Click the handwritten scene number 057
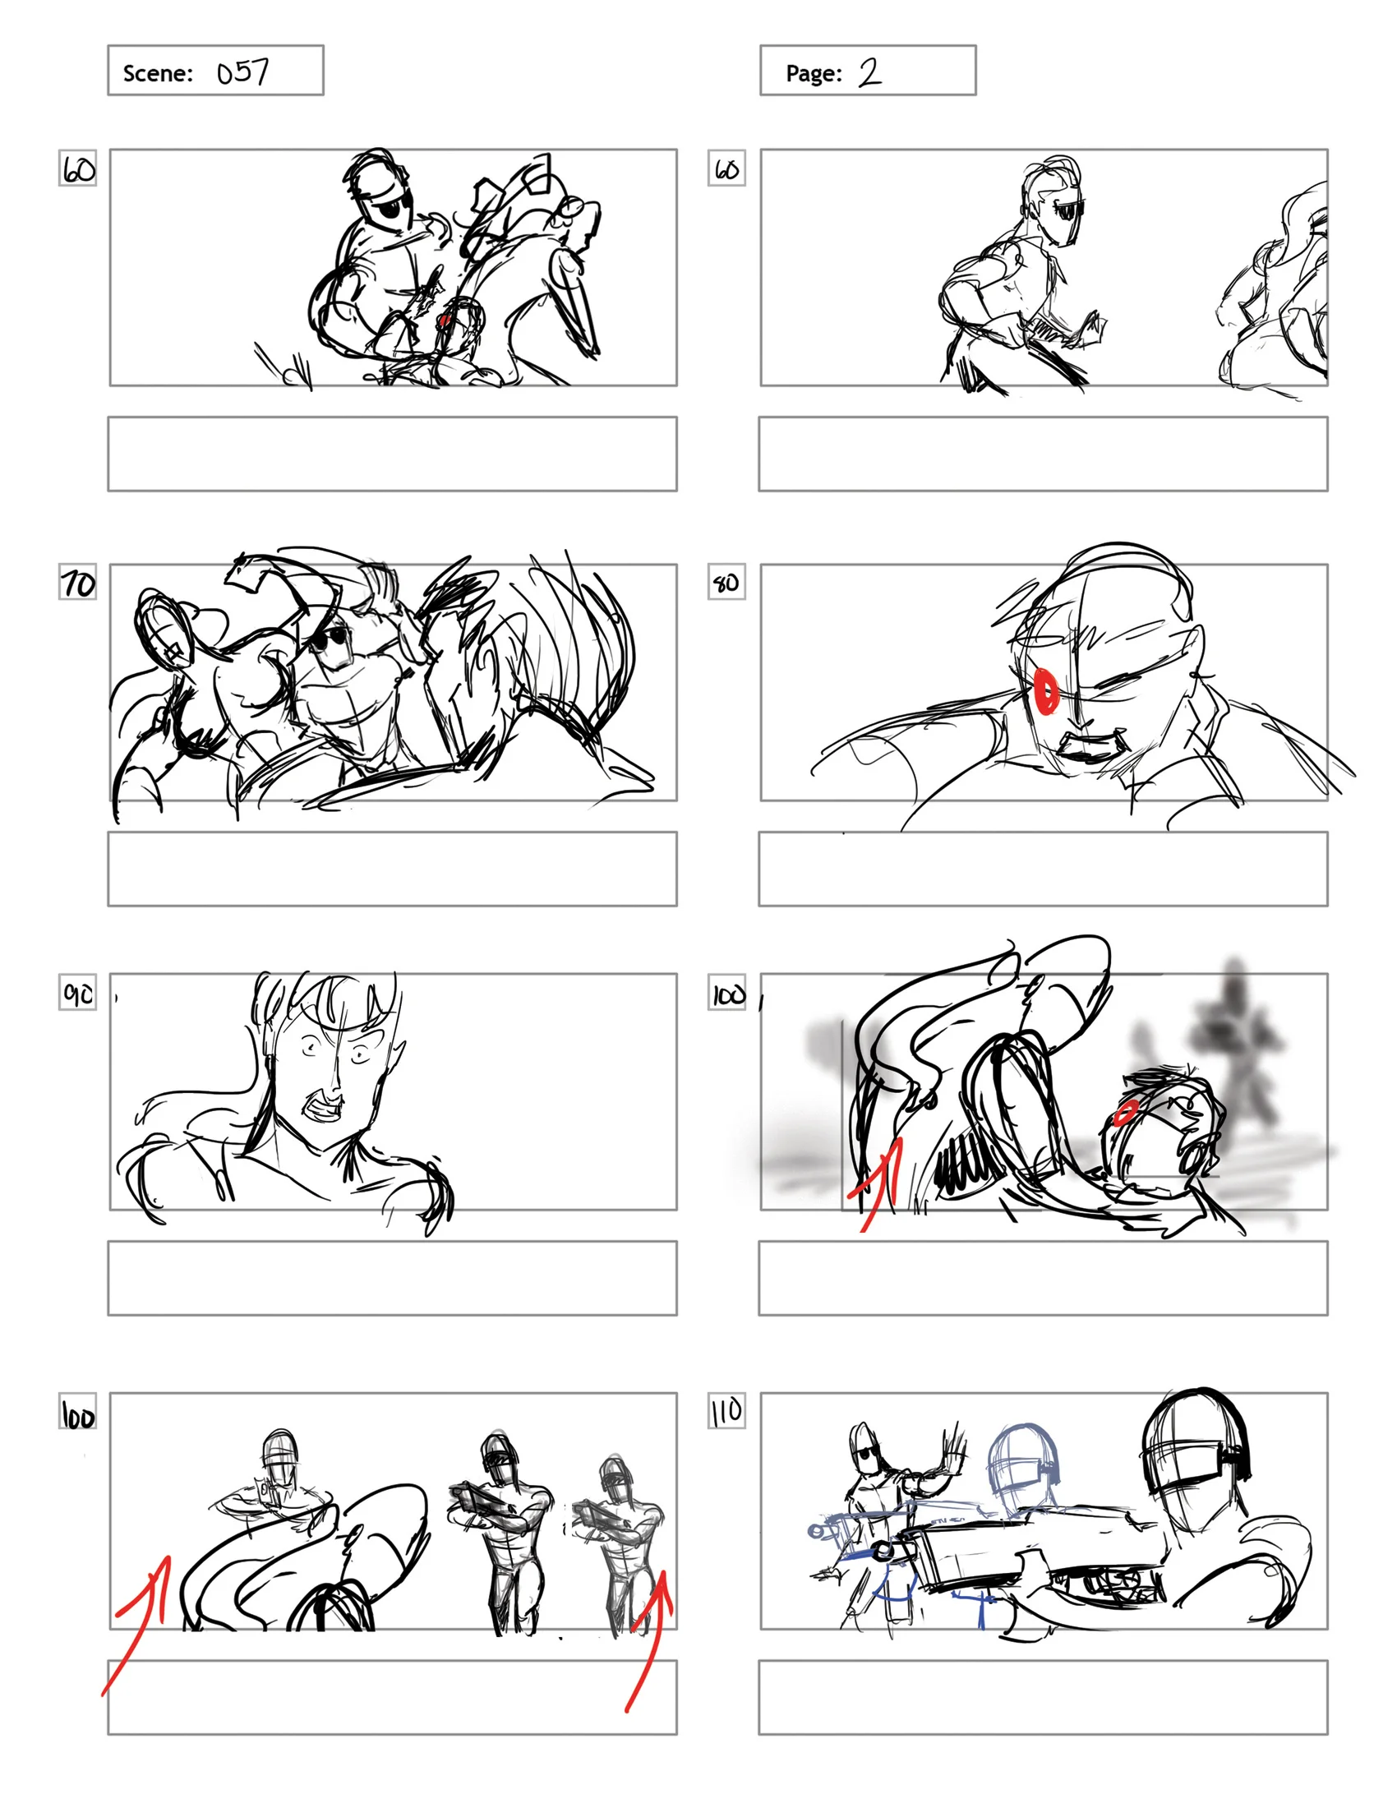pos(242,72)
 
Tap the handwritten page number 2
pos(869,72)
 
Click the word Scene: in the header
pos(157,73)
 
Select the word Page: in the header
pos(813,73)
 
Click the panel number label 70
pos(78,583)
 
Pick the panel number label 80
pos(726,583)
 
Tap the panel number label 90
pos(78,993)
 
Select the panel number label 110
pos(726,1410)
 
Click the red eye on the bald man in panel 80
pos(1047,690)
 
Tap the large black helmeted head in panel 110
pos(1192,1445)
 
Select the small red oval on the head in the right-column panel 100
pos(1124,1113)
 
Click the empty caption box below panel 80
pos(1042,869)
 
